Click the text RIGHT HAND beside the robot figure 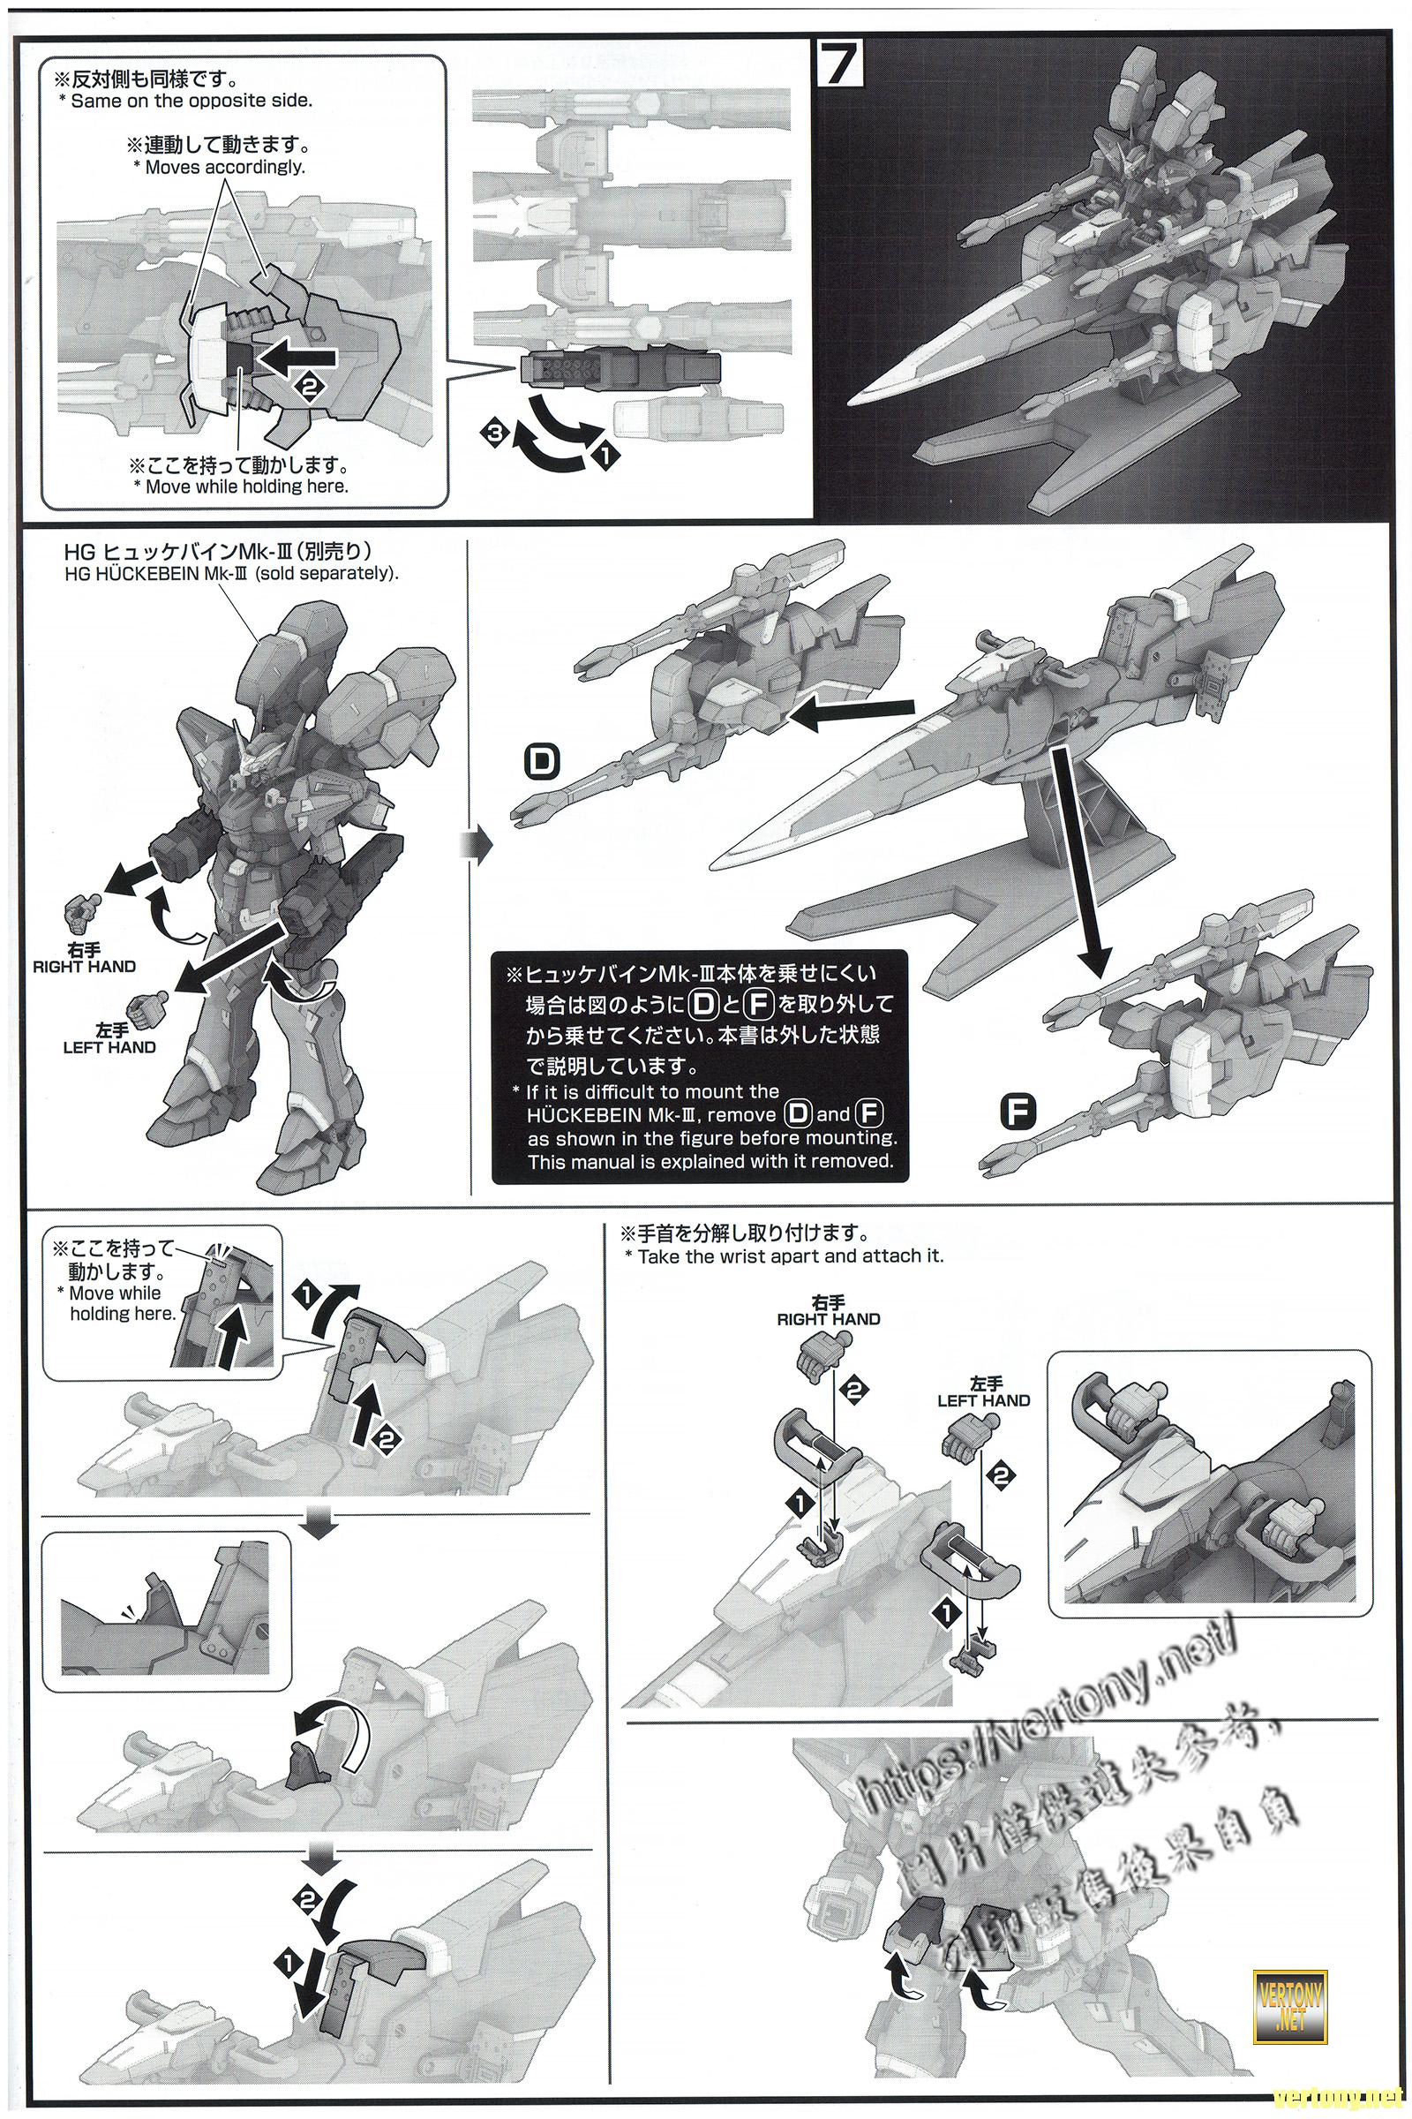(84, 967)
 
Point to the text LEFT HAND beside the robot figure (109, 1048)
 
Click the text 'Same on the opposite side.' (191, 101)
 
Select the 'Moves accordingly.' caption (224, 168)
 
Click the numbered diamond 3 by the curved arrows (492, 434)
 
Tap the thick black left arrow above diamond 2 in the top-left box (297, 358)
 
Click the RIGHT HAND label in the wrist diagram (829, 1319)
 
